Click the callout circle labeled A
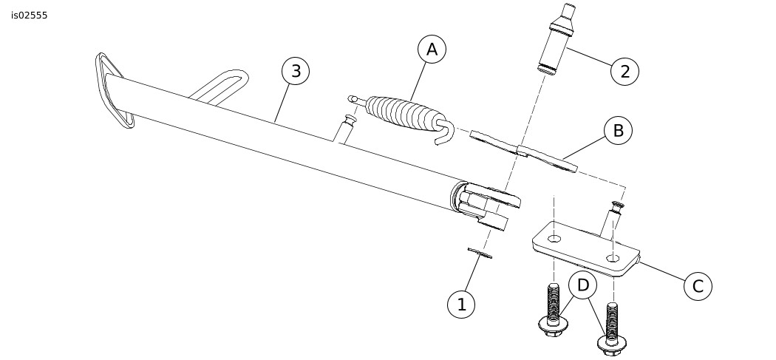point(432,50)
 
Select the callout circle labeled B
point(618,131)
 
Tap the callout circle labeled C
point(698,286)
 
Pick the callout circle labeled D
point(583,285)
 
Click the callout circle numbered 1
point(461,304)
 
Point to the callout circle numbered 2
point(624,71)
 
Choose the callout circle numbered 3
point(296,71)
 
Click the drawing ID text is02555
point(30,16)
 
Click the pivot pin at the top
point(557,38)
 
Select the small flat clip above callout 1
point(480,253)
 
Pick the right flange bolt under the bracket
point(612,329)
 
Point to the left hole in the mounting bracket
point(554,239)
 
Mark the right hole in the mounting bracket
point(613,257)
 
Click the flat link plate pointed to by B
point(523,151)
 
